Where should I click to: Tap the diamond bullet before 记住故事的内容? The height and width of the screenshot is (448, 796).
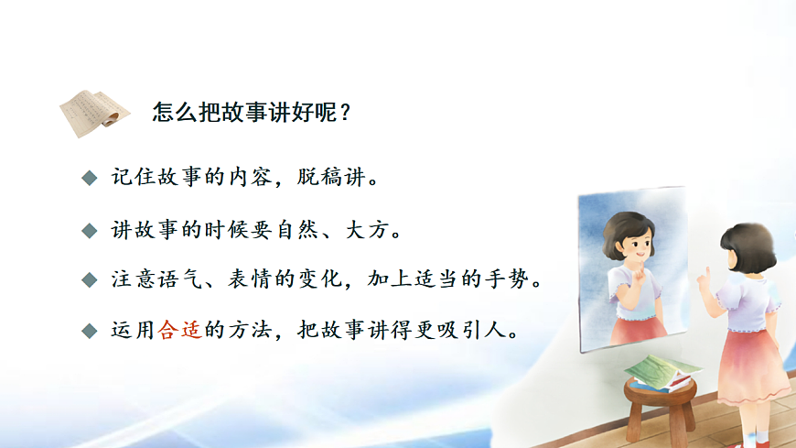pos(89,177)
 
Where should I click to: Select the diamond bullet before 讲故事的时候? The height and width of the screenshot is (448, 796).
pos(89,229)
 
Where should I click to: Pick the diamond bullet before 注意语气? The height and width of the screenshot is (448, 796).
pos(89,279)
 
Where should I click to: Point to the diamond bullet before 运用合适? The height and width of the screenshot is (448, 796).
pos(89,330)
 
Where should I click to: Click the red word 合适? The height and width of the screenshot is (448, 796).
pos(179,329)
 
